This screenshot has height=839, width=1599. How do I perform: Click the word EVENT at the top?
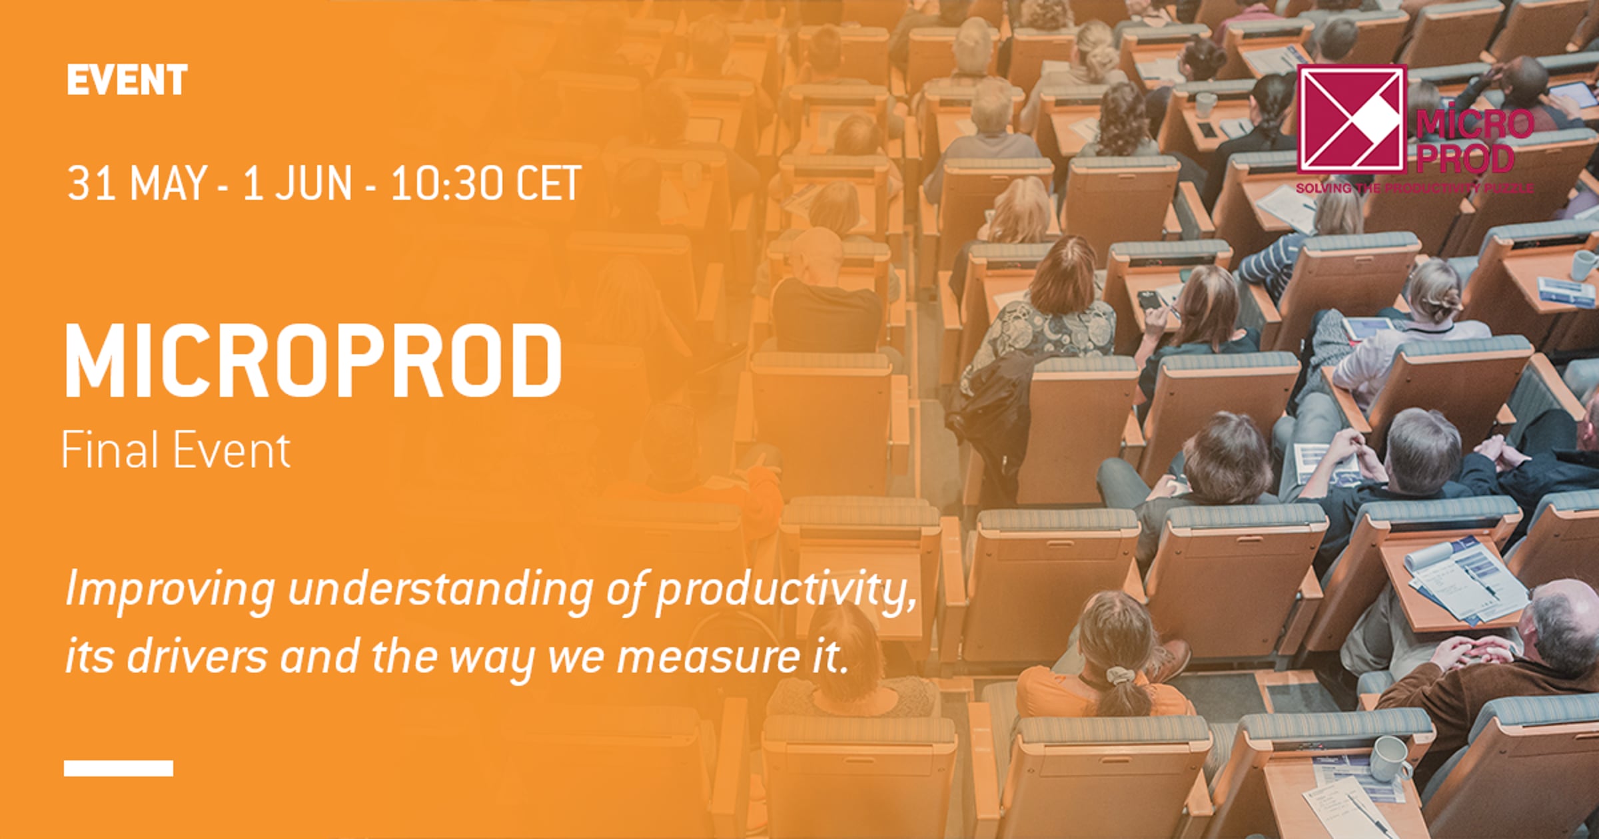coord(127,80)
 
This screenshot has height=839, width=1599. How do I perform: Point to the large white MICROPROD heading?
coord(313,362)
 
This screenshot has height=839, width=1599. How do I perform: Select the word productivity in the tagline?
coord(785,592)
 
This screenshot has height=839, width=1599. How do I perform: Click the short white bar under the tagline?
coord(119,768)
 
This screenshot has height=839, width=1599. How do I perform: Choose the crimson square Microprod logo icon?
coord(1352,119)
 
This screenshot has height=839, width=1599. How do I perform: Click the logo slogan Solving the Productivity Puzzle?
coord(1414,188)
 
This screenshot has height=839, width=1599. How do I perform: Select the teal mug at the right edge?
coord(1585,266)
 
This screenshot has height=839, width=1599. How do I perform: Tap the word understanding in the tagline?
coord(440,592)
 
